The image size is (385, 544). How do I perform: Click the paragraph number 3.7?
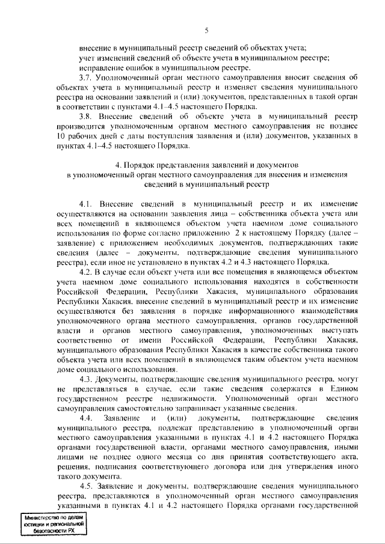point(88,78)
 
